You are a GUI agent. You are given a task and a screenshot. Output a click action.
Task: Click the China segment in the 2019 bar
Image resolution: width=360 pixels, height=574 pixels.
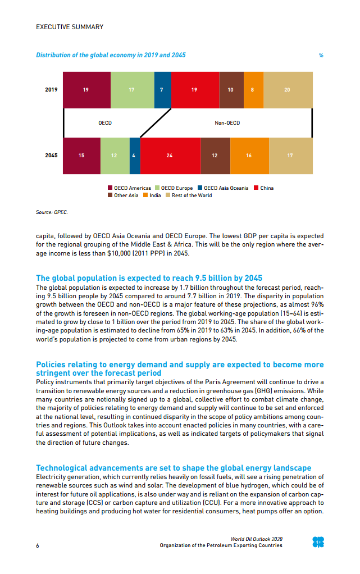[x=195, y=90]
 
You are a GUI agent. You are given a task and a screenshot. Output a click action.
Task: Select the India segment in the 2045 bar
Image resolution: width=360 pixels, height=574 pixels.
[x=249, y=155]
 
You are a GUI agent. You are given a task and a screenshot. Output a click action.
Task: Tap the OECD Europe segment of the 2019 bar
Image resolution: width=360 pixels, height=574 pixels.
[x=132, y=90]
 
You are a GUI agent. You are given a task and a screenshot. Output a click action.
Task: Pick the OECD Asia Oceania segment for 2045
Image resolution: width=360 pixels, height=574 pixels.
[x=135, y=155]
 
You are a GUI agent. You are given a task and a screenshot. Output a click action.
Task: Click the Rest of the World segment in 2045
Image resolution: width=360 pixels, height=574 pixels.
[x=290, y=155]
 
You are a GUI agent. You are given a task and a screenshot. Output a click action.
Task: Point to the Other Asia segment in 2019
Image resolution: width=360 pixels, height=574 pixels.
[x=231, y=90]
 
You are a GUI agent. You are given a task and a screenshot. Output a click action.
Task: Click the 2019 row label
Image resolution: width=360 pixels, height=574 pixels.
[x=51, y=90]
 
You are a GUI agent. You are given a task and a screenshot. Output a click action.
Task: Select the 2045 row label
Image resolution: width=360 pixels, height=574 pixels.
[x=51, y=155]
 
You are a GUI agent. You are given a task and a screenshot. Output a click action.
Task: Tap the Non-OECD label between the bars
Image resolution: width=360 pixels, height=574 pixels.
[x=227, y=122]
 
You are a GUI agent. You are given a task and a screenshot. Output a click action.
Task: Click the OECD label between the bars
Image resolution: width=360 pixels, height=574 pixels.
[x=105, y=122]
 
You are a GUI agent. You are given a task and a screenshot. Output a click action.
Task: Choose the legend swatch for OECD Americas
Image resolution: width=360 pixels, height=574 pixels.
[x=110, y=188]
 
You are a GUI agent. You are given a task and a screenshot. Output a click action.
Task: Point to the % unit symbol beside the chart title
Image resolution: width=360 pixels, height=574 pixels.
[x=321, y=56]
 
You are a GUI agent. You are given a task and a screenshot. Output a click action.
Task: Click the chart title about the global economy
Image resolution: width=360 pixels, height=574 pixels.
[x=111, y=55]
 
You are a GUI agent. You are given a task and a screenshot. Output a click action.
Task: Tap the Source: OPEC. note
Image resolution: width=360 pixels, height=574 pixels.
[x=52, y=212]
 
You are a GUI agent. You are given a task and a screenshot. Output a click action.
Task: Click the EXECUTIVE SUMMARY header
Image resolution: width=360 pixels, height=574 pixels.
[x=70, y=27]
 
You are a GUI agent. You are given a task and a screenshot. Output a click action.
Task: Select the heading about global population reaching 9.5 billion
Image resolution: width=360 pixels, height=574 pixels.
[x=149, y=278]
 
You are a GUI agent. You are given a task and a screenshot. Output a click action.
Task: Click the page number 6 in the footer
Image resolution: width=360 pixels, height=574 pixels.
[x=38, y=545]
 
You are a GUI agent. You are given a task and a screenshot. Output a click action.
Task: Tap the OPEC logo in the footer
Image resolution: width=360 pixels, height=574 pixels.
[x=318, y=542]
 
